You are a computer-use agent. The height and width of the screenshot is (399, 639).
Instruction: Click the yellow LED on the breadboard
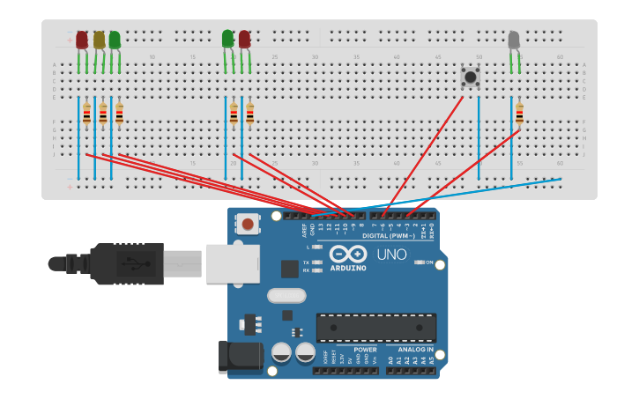(99, 41)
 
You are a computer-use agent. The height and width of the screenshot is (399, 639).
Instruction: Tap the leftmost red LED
(82, 41)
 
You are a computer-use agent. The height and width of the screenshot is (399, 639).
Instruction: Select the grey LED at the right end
(514, 41)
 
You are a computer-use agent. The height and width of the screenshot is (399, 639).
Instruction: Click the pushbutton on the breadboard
(471, 77)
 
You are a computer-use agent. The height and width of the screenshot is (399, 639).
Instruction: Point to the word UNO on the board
(392, 255)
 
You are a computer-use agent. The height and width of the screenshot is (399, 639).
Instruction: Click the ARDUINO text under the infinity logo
(348, 268)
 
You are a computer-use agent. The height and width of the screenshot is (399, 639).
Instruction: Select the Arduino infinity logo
(347, 254)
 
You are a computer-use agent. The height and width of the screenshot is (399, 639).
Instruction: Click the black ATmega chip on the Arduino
(375, 327)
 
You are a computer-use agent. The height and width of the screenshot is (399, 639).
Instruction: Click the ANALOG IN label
(411, 350)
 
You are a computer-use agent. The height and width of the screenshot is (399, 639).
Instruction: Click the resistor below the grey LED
(519, 114)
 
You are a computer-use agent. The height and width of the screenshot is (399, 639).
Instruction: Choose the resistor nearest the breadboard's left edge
(86, 115)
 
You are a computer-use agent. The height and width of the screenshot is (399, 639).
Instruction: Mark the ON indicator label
(429, 262)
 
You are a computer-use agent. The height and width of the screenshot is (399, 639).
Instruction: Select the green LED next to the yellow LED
(115, 41)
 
